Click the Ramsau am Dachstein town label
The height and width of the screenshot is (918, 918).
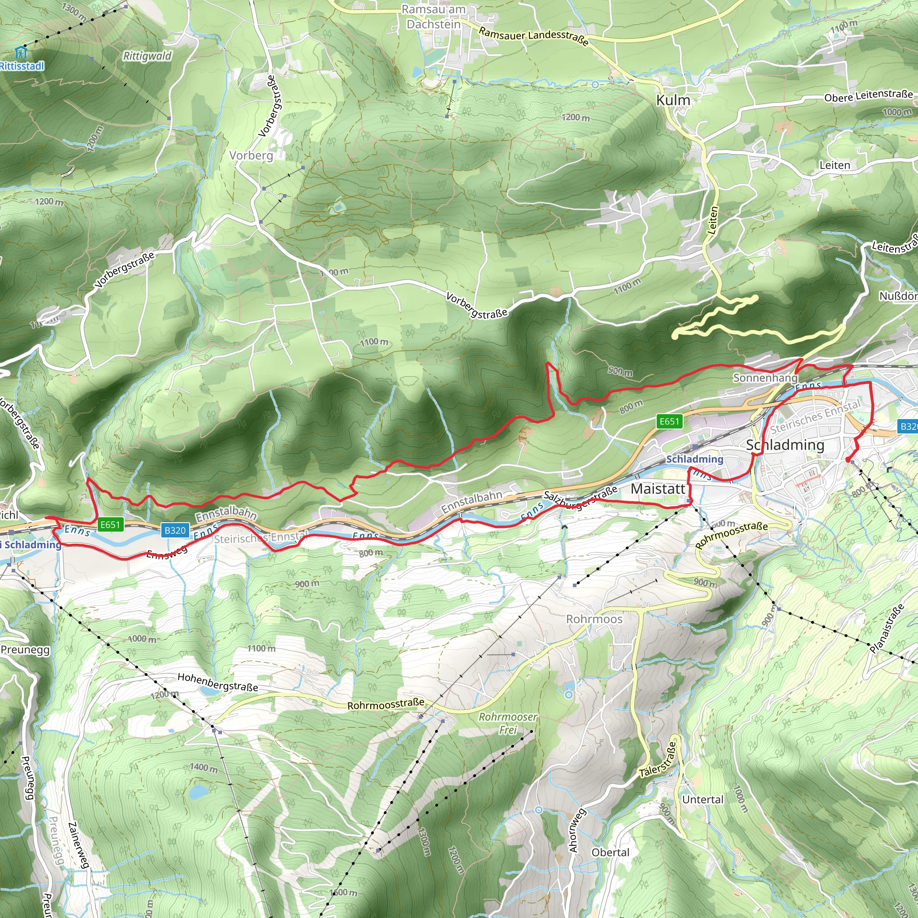(x=433, y=17)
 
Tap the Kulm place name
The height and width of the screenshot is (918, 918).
(x=673, y=100)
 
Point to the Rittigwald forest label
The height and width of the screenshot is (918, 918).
(x=147, y=56)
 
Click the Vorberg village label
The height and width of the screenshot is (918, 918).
(x=251, y=156)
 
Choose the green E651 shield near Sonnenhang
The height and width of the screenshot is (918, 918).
(x=669, y=421)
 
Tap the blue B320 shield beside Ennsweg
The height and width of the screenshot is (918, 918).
(x=175, y=530)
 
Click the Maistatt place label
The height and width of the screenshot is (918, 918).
(x=658, y=489)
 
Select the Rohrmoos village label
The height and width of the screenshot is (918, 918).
(x=594, y=619)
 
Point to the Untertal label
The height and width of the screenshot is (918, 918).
(x=703, y=799)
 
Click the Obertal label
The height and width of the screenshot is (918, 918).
(x=610, y=853)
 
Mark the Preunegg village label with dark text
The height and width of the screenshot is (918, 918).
(x=25, y=650)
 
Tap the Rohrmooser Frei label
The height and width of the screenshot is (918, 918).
(x=507, y=723)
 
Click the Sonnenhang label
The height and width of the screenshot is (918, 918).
(x=765, y=378)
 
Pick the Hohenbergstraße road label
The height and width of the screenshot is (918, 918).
(x=217, y=682)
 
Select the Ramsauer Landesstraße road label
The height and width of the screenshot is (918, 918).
(x=533, y=36)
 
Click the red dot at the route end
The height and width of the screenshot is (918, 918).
(x=848, y=459)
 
